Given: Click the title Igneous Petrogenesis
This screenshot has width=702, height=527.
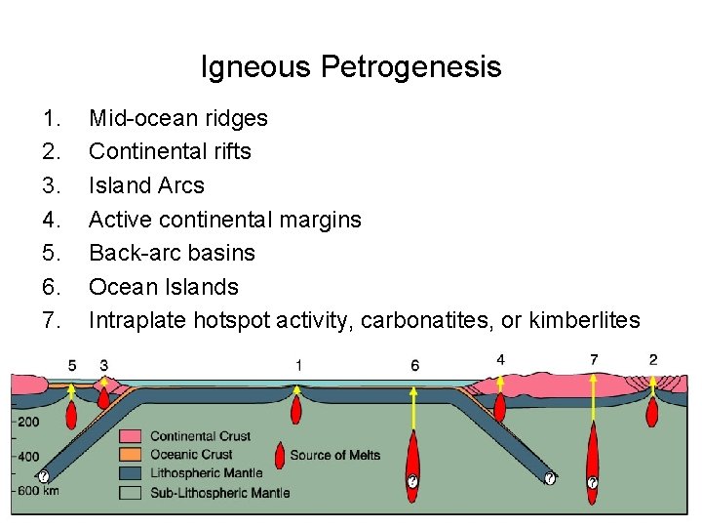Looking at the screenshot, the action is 351,66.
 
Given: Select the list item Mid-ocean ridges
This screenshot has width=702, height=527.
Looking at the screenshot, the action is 178,118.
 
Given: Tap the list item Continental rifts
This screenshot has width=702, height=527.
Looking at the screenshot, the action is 170,151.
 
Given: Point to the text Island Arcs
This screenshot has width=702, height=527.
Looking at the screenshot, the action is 146,185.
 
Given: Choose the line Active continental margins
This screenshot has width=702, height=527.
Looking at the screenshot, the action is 225,220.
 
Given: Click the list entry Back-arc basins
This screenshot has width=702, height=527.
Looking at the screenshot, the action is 172,253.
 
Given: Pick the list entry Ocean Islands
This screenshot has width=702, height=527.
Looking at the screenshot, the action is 164,287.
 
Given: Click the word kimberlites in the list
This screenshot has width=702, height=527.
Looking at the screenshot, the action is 584,320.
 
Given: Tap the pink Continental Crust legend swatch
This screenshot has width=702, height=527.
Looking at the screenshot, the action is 132,436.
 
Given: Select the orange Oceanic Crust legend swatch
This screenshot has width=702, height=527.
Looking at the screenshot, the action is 132,455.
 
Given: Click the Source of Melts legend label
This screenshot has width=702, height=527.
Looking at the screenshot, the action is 334,455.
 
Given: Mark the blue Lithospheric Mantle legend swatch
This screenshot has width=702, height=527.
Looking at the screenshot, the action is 132,473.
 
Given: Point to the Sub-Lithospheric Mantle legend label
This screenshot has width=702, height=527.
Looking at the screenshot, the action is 219,493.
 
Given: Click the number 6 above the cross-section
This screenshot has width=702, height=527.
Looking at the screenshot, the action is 415,365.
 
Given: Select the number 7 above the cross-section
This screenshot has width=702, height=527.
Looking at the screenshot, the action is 594,360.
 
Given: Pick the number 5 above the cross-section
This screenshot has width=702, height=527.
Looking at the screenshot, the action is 72,365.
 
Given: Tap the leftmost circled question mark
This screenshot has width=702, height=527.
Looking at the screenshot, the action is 44,477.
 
